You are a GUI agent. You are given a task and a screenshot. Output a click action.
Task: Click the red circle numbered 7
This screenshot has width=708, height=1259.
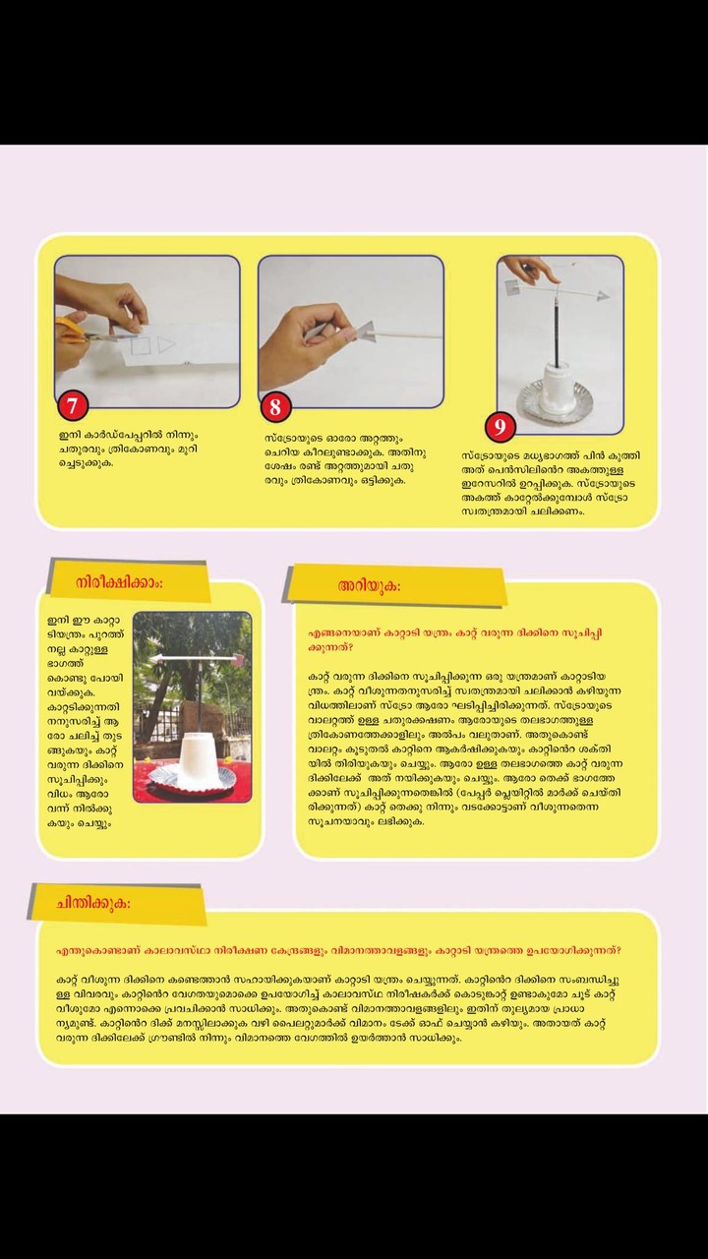73,405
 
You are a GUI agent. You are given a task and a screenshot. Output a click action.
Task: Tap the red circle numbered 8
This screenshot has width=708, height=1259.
275,406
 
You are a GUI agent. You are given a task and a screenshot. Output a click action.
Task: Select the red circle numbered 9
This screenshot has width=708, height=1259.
501,427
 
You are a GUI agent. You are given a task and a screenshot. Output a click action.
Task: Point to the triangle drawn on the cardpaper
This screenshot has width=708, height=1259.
166,344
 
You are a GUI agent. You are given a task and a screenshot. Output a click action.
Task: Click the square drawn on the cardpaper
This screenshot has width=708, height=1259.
140,345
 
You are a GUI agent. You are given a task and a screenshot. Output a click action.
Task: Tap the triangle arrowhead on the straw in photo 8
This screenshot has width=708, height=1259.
366,332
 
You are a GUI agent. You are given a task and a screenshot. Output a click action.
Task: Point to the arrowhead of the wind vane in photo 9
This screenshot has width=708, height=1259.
603,296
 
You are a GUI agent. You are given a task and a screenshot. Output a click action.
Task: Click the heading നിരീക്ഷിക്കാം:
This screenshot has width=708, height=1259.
119,583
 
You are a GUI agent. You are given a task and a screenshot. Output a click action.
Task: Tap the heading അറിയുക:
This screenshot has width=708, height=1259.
369,586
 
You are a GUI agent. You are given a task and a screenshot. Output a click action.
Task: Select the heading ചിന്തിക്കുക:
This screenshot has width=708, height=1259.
93,903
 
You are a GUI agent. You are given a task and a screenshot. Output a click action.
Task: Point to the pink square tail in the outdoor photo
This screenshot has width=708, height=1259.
237,659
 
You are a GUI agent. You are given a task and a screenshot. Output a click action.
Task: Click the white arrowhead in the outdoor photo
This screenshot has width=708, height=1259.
155,659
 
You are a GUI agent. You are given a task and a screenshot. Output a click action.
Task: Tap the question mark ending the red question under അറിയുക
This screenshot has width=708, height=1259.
350,647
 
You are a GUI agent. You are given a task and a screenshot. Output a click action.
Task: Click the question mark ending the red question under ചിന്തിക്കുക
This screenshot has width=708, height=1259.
619,950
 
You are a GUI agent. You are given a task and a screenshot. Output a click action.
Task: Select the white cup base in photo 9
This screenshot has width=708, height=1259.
552,385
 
